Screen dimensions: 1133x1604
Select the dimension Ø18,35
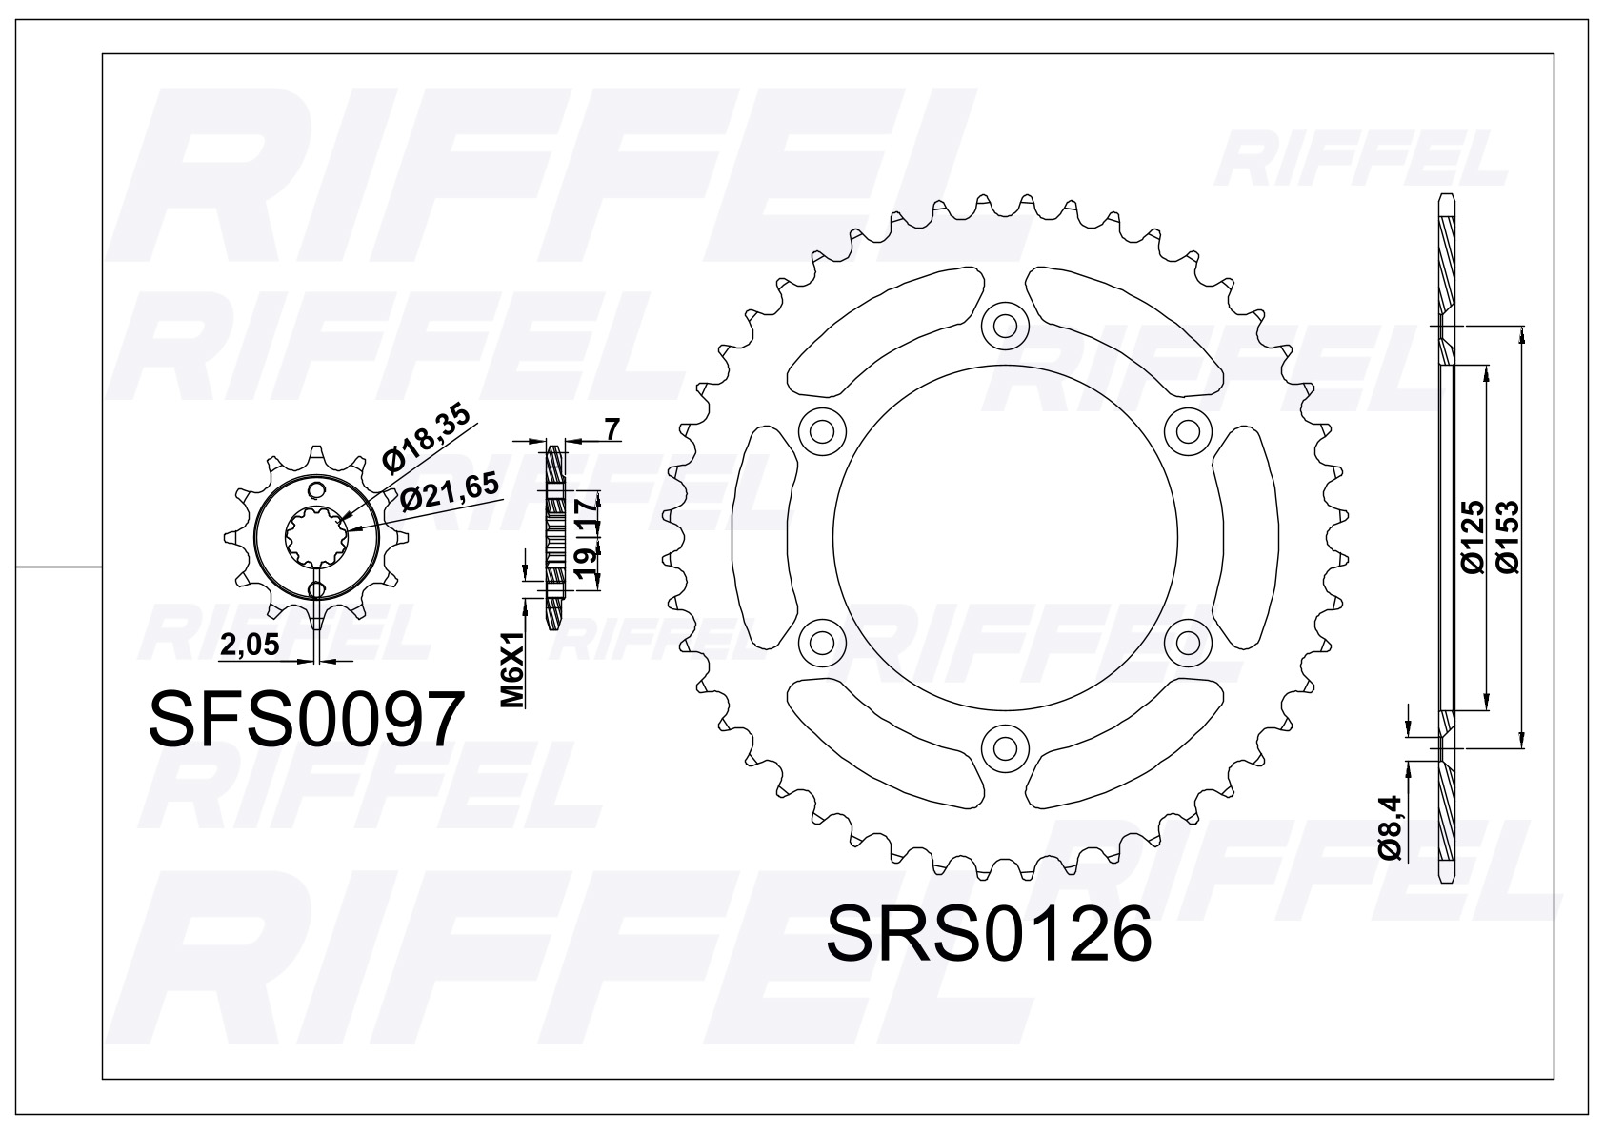[429, 444]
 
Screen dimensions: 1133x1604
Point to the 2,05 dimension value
[250, 646]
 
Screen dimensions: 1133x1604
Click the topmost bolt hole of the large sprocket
[1005, 326]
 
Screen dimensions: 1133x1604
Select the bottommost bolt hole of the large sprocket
[1005, 744]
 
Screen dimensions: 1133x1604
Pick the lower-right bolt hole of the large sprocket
[1187, 639]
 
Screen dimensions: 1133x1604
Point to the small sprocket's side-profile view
[555, 536]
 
